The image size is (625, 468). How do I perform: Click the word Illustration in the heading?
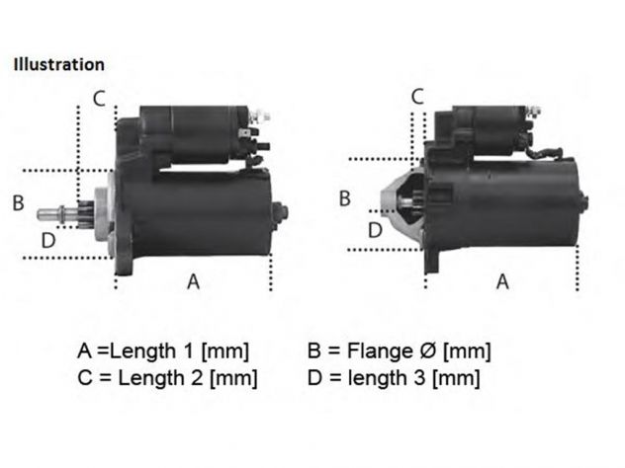coord(59,64)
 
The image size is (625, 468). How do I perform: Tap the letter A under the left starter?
coord(193,281)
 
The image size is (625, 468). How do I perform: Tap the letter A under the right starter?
coord(502,281)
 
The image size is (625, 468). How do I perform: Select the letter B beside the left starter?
coord(19,202)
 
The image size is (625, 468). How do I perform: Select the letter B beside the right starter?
coord(345,198)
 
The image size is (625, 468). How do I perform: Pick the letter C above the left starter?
coord(99,99)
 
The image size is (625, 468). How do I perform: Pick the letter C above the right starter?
coord(417,97)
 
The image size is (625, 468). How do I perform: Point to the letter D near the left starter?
coord(48,240)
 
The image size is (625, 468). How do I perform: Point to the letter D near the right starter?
coord(375,230)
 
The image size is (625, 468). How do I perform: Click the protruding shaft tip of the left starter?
coord(40,215)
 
